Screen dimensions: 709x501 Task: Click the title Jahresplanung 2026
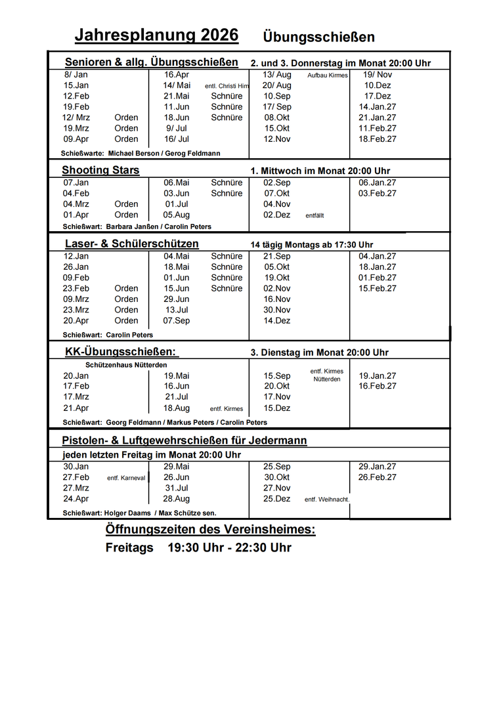pos(156,35)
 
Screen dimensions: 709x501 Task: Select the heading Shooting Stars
pos(100,171)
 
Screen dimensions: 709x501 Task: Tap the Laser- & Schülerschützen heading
pos(131,244)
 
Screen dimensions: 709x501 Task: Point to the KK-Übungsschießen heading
pos(121,352)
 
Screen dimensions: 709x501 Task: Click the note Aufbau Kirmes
pos(328,75)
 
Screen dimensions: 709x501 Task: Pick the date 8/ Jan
pos(76,75)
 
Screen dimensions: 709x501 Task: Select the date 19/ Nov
pos(378,75)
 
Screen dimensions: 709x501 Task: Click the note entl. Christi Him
pos(227,86)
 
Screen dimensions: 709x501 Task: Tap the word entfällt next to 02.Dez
pos(315,215)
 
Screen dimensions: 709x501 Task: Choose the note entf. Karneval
pos(126,478)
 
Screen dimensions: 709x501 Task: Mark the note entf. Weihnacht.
pos(327,500)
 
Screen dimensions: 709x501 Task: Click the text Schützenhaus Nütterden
pos(126,365)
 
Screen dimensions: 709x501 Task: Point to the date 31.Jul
pos(177,488)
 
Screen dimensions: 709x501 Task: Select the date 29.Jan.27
pos(378,467)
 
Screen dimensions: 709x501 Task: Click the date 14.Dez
pos(277,320)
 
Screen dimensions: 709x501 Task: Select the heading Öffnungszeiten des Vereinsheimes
pos(210,530)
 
